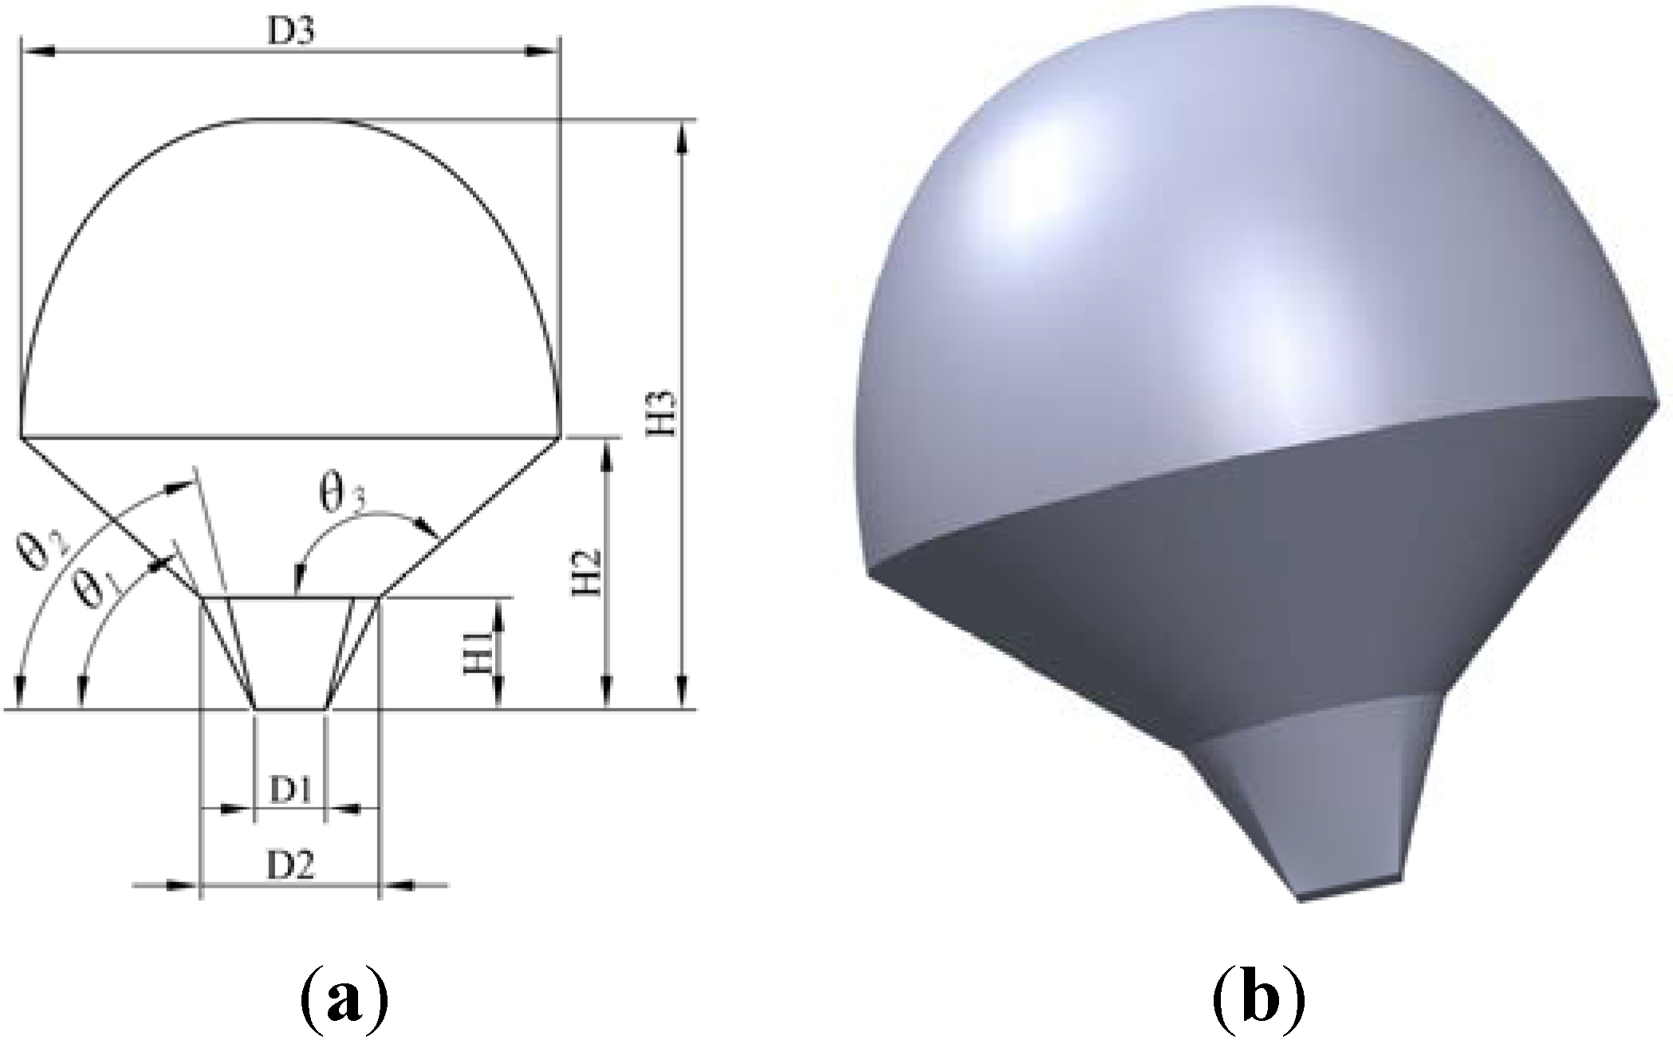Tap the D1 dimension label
(289, 790)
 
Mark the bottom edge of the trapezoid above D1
(289, 708)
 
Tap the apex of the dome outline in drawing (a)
(271, 120)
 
